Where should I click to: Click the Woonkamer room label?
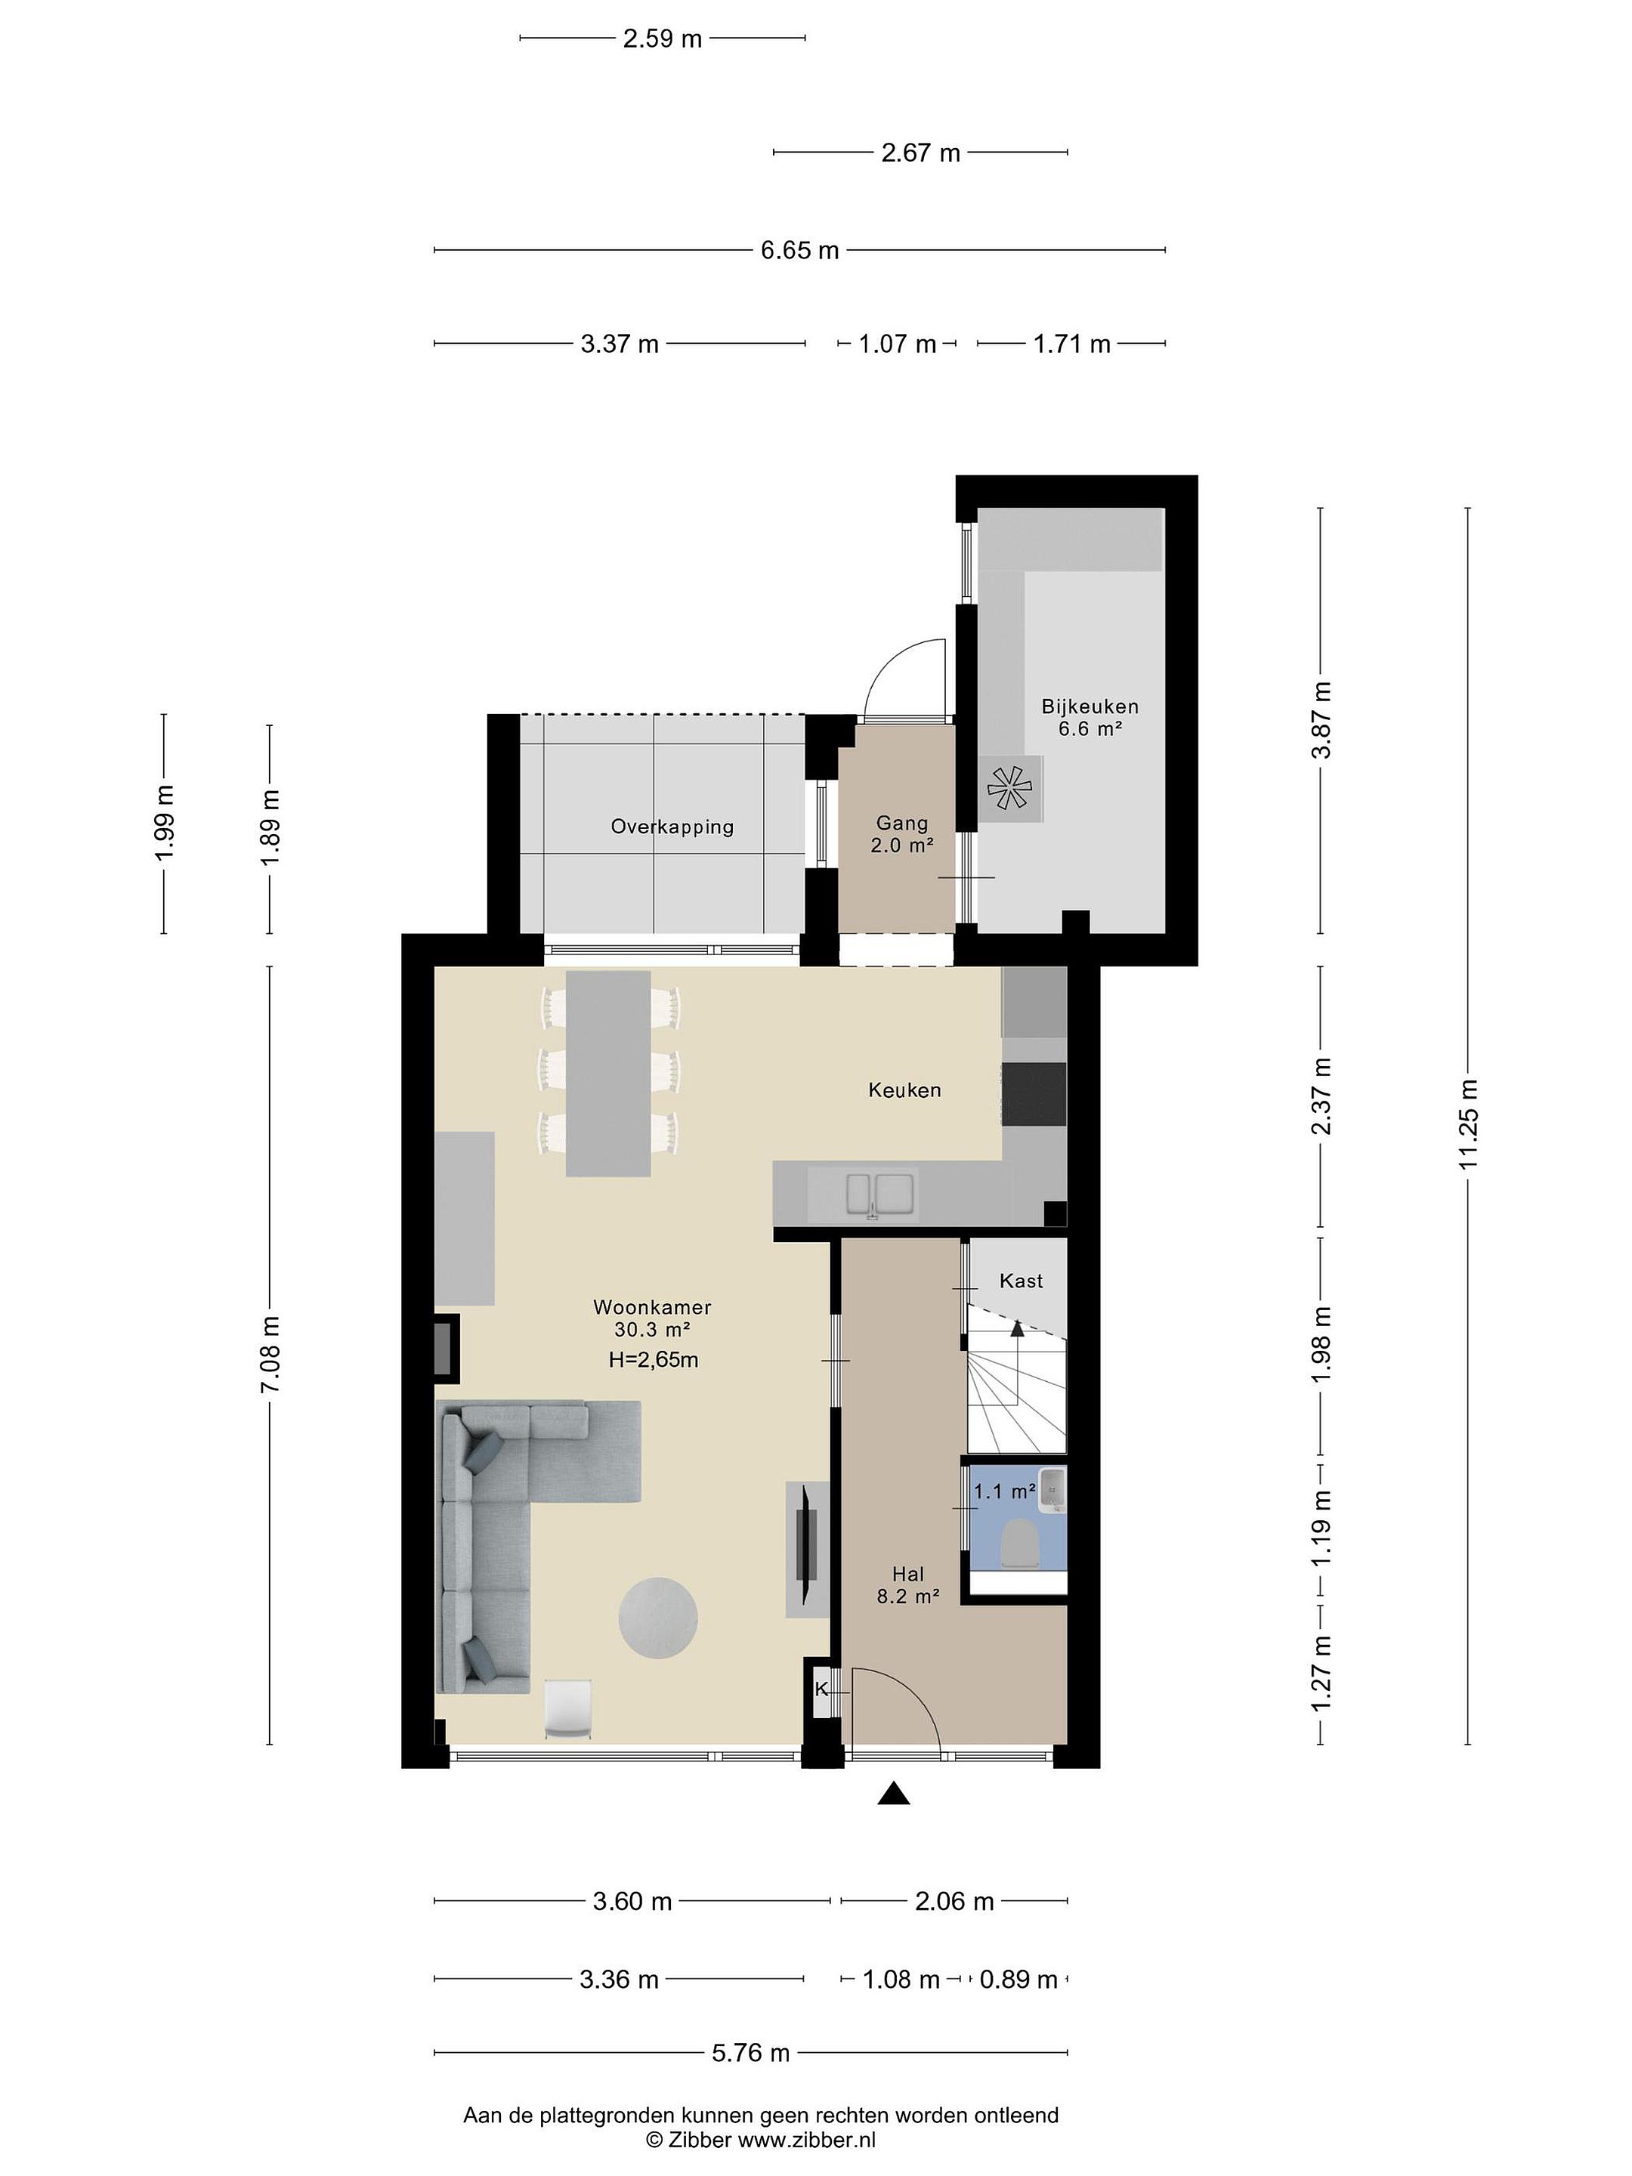(x=651, y=1307)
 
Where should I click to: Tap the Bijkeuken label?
(x=1090, y=706)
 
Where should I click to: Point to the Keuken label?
(x=904, y=1090)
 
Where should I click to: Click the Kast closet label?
(x=1021, y=1281)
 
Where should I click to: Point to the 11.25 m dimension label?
(x=1468, y=1124)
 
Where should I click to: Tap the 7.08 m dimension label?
(x=270, y=1354)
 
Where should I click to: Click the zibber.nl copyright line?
(x=760, y=2140)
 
